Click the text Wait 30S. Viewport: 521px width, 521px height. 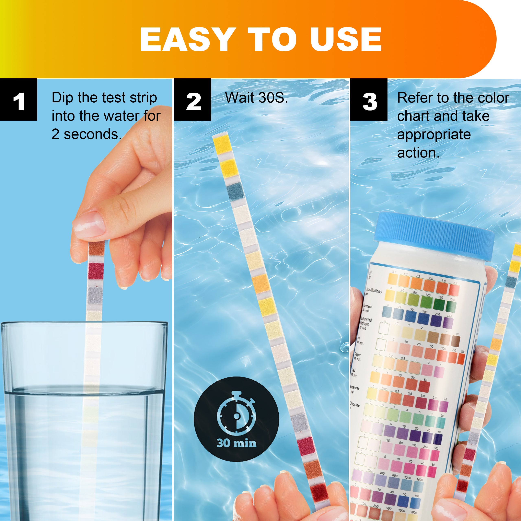tap(256, 98)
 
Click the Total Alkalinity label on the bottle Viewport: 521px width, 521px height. tap(374, 291)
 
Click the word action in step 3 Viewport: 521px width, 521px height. tap(418, 153)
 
